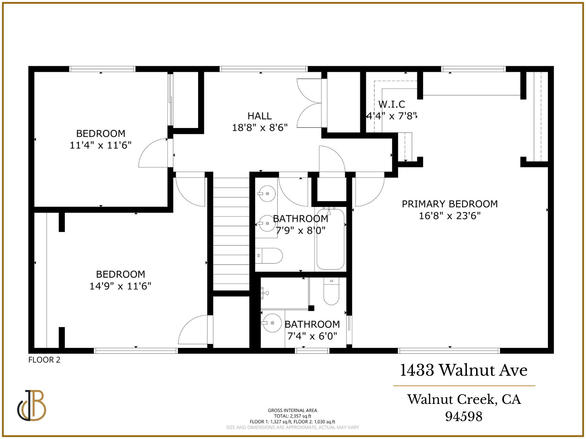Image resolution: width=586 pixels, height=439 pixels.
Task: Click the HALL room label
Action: tap(259, 116)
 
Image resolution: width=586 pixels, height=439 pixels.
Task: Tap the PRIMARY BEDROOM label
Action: tap(450, 204)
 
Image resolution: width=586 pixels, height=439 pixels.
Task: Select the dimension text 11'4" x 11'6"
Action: tap(100, 145)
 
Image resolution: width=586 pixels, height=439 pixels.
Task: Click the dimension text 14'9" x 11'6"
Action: tap(120, 286)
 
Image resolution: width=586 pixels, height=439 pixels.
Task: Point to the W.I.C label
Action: tap(392, 104)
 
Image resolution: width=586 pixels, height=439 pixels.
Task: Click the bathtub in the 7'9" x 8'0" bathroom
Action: tap(330, 240)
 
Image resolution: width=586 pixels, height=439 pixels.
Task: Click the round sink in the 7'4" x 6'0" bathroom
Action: tap(271, 323)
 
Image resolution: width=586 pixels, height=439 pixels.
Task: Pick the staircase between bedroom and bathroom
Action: tap(231, 234)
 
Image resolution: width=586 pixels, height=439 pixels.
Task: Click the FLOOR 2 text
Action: tap(44, 360)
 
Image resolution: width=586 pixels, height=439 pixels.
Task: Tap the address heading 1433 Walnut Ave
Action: tap(464, 370)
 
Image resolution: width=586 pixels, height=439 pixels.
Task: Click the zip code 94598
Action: tap(464, 416)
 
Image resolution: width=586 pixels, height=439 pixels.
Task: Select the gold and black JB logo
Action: tap(32, 405)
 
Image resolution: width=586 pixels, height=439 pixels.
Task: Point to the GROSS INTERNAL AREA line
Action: tap(292, 410)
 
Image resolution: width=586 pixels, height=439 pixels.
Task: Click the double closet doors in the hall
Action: tap(309, 103)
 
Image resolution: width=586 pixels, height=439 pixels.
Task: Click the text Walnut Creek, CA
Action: tap(464, 399)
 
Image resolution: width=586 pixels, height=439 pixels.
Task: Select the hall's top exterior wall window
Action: tap(263, 69)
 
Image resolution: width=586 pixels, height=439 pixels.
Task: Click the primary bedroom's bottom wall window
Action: tap(449, 351)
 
